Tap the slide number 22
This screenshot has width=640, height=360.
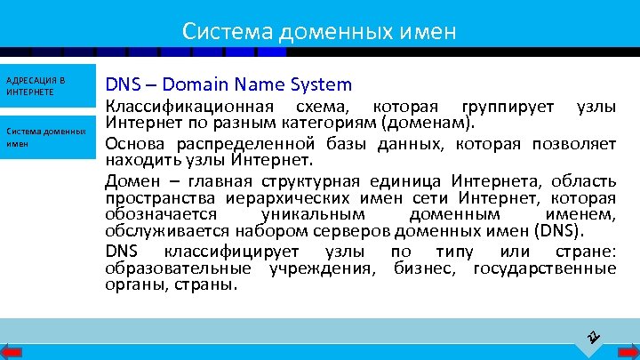coord(594,335)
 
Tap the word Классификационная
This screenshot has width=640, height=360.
coord(178,108)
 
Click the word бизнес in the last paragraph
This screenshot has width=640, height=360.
coord(422,268)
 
